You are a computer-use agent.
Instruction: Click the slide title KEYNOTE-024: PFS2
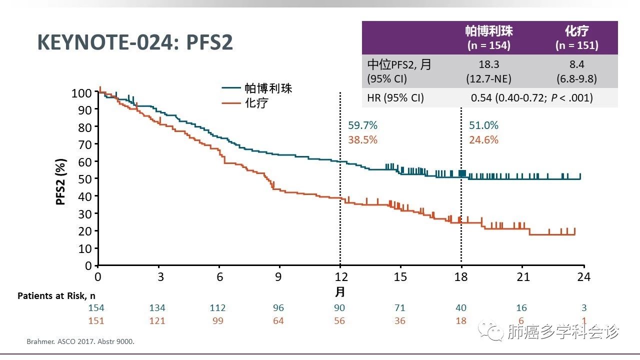135,43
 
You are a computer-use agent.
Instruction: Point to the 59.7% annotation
362,125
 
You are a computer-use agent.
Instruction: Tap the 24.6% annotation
483,140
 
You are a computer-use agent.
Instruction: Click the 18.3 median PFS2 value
488,64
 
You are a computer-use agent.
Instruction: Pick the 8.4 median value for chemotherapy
576,64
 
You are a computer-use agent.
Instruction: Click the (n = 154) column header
488,45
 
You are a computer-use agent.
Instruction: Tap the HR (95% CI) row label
395,98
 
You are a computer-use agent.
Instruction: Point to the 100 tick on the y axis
81,93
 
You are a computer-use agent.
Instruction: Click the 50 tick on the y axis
85,179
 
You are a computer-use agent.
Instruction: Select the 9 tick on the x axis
279,276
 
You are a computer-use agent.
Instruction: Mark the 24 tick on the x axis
583,276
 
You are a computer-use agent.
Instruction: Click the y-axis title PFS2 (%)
61,178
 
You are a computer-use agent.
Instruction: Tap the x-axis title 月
340,291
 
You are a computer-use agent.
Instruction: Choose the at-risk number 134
157,307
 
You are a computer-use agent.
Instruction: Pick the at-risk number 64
278,320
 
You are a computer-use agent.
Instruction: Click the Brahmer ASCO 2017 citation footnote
80,342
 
